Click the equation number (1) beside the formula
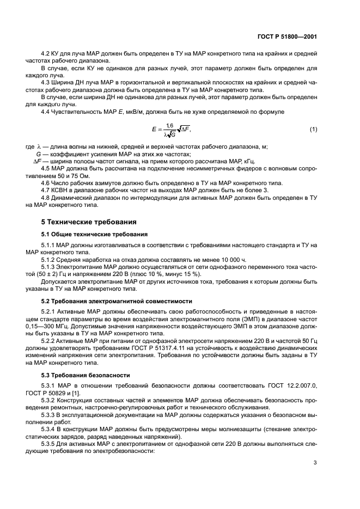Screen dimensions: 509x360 (x=313, y=129)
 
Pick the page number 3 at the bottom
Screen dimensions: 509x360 (x=315, y=463)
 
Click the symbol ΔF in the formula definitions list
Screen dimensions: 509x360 (x=38, y=161)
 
